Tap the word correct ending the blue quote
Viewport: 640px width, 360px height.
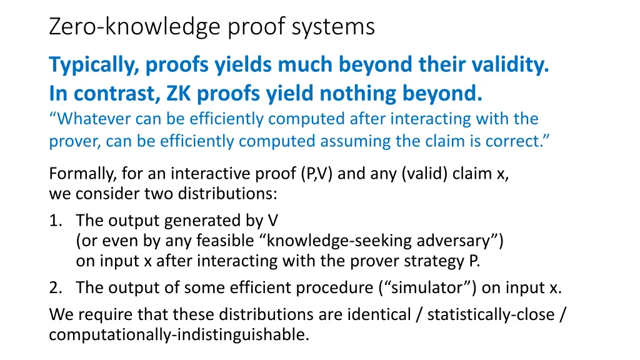[516, 141]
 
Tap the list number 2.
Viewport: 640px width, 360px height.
[55, 287]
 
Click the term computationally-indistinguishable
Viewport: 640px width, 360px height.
[179, 334]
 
